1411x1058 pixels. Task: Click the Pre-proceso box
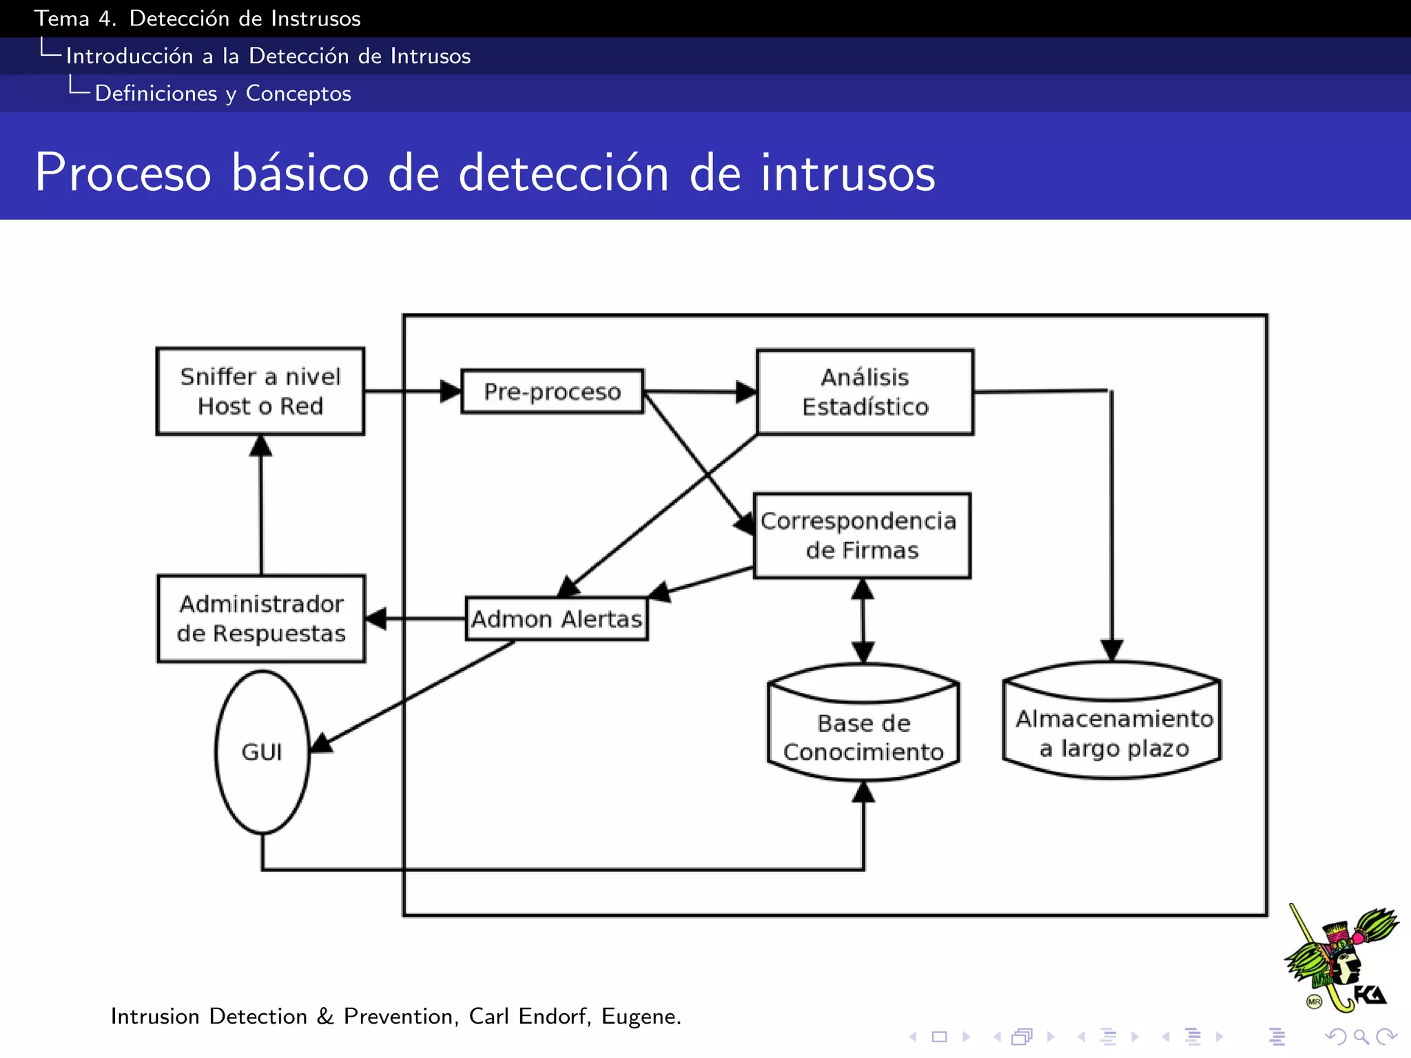(552, 391)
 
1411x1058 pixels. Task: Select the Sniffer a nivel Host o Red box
(260, 391)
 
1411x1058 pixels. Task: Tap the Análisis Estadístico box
(865, 392)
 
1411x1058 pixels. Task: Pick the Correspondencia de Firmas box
(861, 535)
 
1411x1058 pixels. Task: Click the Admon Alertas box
(556, 619)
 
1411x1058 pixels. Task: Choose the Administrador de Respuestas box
(261, 619)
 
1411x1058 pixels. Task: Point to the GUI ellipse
(262, 751)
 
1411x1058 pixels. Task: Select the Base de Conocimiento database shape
(863, 730)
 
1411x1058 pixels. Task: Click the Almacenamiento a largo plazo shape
(1112, 727)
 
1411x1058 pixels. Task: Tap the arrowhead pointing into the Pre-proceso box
(450, 391)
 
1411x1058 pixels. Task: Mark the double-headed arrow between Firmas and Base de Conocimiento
(863, 620)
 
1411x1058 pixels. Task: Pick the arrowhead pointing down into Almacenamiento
(1111, 650)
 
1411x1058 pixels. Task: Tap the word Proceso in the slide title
(123, 172)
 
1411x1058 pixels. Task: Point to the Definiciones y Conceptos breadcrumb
(223, 93)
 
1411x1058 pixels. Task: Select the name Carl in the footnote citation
(488, 1016)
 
